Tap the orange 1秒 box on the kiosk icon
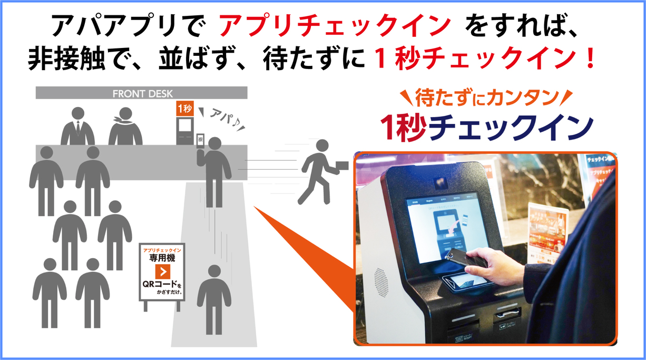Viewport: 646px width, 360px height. [184, 109]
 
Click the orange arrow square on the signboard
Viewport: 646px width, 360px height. [162, 272]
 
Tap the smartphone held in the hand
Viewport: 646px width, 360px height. [463, 256]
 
